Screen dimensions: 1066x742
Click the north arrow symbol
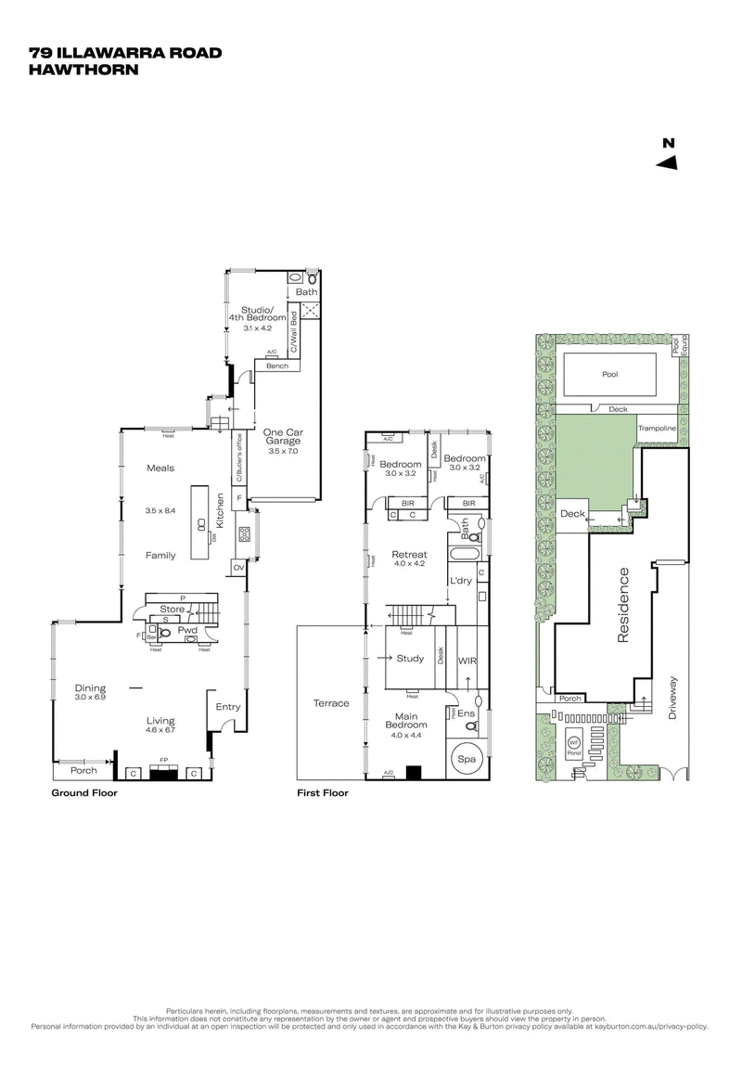(667, 162)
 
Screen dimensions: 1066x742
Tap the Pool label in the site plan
(608, 375)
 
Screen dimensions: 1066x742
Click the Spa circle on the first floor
(466, 758)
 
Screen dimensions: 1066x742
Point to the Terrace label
(331, 703)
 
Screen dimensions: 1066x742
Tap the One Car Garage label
(284, 438)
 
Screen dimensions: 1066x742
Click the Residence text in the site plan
(623, 605)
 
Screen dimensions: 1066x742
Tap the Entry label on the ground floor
(227, 707)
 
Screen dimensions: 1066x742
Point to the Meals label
(160, 469)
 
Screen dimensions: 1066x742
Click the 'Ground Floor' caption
(83, 793)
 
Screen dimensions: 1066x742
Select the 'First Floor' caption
(323, 793)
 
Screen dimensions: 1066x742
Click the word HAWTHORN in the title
(83, 69)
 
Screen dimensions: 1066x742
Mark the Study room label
(410, 659)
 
